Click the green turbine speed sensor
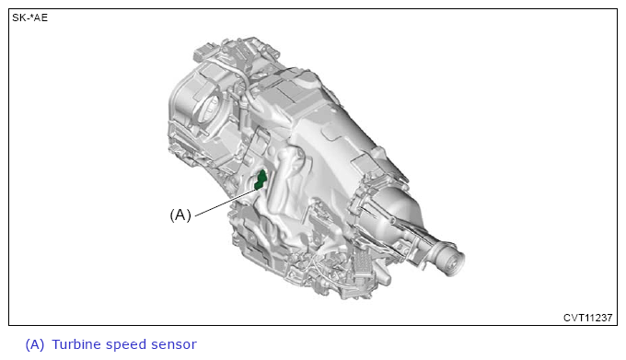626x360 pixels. pyautogui.click(x=261, y=180)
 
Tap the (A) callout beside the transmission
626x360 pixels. pyautogui.click(x=180, y=215)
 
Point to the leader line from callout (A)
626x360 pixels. pyautogui.click(x=227, y=202)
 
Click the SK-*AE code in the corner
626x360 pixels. pyautogui.click(x=30, y=17)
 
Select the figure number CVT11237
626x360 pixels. pyautogui.click(x=587, y=318)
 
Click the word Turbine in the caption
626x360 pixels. pyautogui.click(x=75, y=344)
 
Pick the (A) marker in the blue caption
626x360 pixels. pyautogui.click(x=35, y=344)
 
